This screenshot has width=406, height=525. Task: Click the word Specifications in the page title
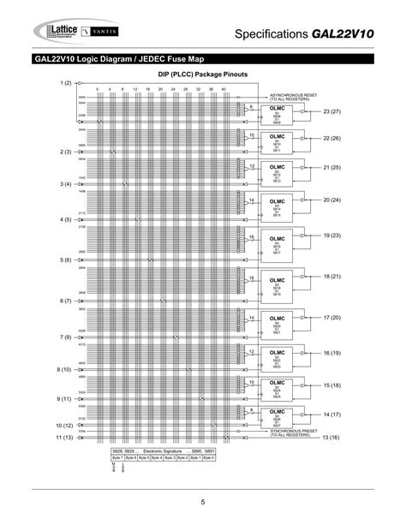point(273,33)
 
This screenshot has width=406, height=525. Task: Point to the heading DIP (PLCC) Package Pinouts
point(202,75)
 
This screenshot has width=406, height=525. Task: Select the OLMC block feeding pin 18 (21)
point(277,284)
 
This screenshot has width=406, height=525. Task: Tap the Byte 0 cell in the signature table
point(210,457)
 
